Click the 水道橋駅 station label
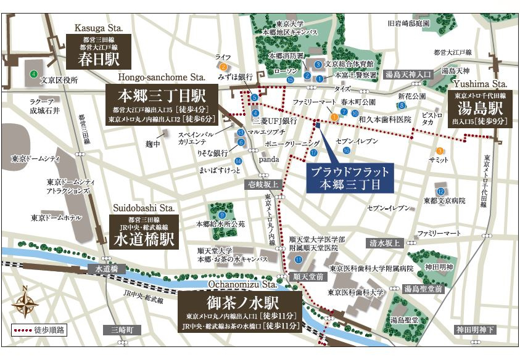(x=144, y=231)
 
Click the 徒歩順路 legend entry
(x=39, y=329)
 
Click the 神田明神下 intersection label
(x=475, y=330)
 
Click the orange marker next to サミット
(x=440, y=150)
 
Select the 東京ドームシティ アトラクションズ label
(x=70, y=187)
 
